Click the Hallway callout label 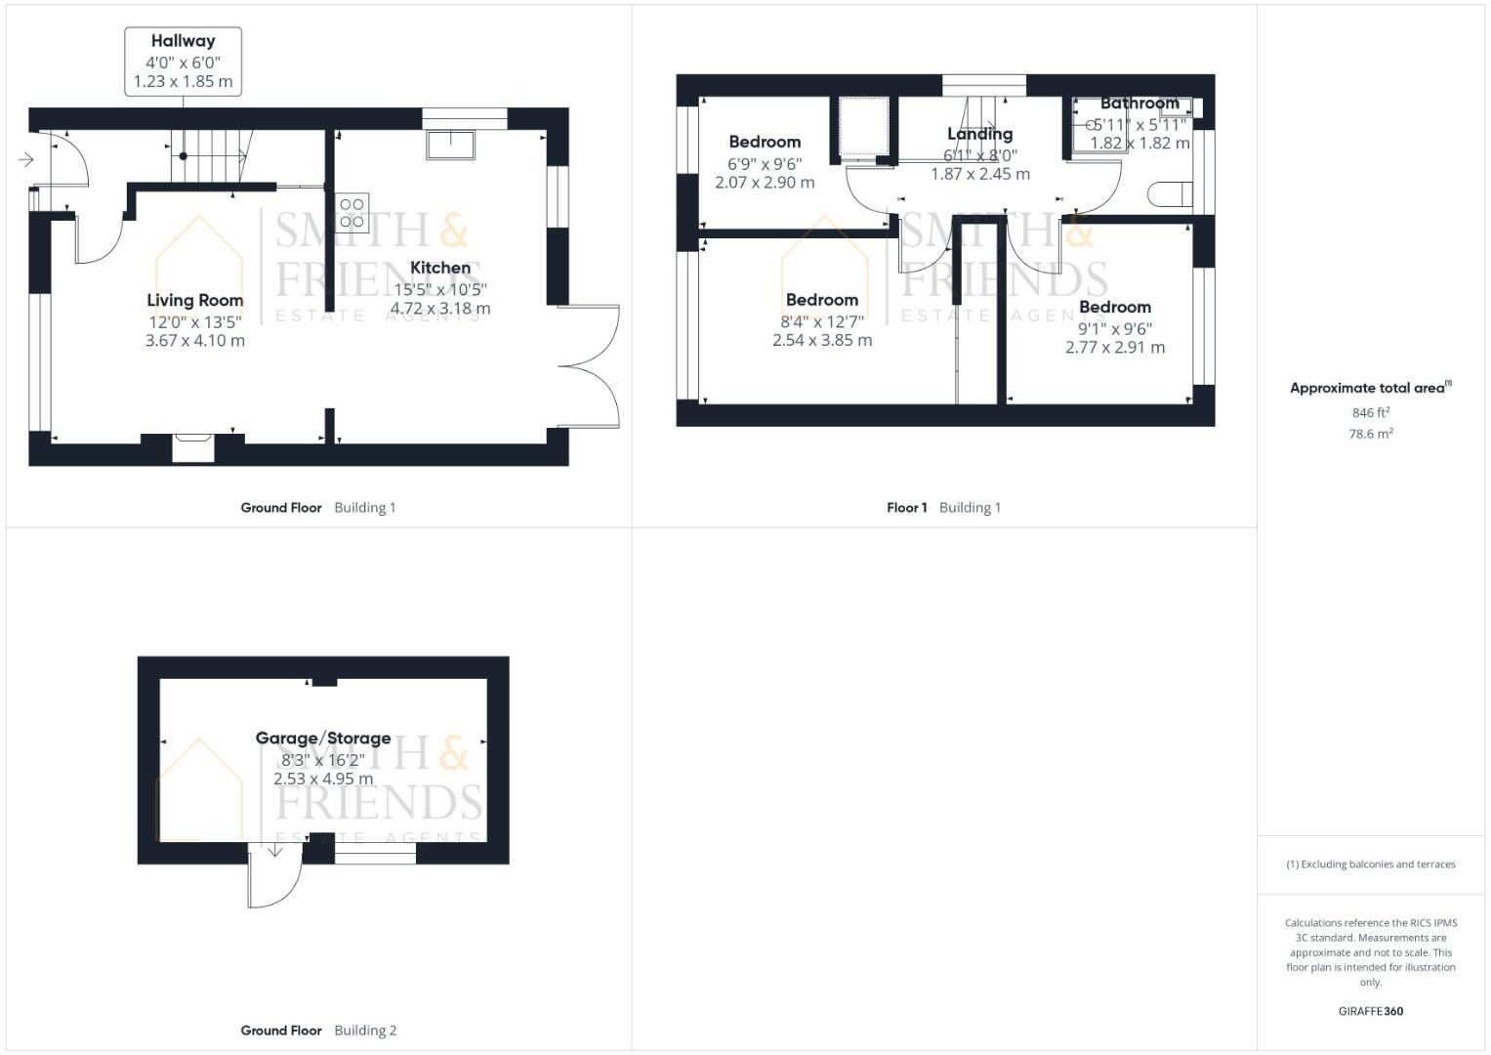click(183, 41)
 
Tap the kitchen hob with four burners click(352, 213)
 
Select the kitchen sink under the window click(451, 145)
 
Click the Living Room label click(195, 301)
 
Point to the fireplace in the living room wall click(193, 447)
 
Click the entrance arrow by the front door click(26, 160)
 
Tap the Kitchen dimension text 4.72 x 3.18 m click(440, 309)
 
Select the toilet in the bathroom click(1170, 193)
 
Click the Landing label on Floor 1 click(979, 134)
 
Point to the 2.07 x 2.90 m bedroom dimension click(765, 183)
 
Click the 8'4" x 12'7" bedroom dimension click(822, 321)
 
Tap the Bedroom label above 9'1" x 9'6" click(1115, 307)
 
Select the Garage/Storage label click(323, 738)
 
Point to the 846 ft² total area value click(1371, 412)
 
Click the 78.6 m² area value click(1371, 434)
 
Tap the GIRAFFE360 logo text click(1371, 1011)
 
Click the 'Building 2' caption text click(365, 1031)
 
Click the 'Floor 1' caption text click(906, 508)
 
